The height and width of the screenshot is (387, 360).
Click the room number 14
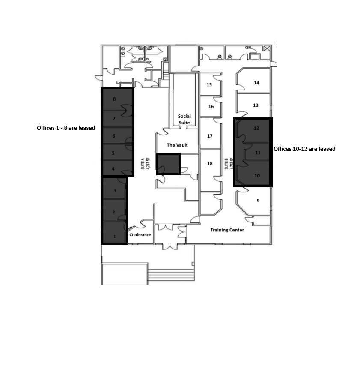(256, 83)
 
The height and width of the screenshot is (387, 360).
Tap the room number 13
(256, 105)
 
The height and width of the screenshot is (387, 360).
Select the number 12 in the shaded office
(256, 128)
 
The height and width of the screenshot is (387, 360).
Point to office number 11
(258, 153)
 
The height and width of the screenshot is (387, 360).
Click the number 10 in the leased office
(257, 176)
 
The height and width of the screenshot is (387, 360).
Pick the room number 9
(258, 201)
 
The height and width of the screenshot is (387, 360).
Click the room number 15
(209, 85)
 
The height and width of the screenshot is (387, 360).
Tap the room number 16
(211, 106)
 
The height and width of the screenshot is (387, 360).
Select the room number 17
(210, 136)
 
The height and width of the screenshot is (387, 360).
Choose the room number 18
(210, 163)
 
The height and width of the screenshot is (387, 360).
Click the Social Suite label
(184, 119)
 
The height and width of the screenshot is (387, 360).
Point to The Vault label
(177, 145)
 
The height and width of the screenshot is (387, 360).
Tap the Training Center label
(227, 230)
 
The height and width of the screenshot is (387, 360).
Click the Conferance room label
(140, 235)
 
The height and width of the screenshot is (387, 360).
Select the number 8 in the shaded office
(114, 99)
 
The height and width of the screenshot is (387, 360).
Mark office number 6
(113, 136)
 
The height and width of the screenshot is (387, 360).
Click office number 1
(114, 236)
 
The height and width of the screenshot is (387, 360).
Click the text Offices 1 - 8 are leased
(66, 128)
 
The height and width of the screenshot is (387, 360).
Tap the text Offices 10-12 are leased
(304, 149)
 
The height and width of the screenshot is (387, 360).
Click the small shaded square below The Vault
(168, 164)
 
